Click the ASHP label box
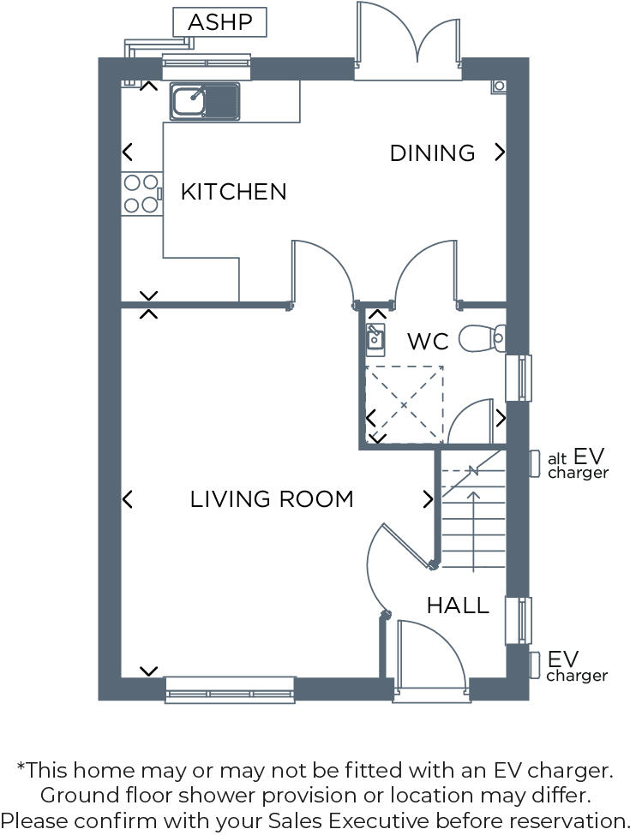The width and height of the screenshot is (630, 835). pos(219,22)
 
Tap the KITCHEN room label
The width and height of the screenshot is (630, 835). pos(233,192)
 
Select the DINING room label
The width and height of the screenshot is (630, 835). pos(432,153)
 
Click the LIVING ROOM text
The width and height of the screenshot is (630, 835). pos(272,499)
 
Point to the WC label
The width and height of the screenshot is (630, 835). pos(428,343)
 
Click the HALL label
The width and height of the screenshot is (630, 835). pos(458,606)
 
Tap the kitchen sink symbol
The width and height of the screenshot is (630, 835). pos(206,101)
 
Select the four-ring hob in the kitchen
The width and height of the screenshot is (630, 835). pos(141,194)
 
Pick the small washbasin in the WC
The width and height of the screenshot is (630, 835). pos(375,339)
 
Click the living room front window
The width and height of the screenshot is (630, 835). pos(230,689)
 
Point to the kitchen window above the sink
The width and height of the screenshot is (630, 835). pos(206,62)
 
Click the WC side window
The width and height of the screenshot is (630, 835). pos(519,378)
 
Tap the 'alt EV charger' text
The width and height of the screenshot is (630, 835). pos(578,464)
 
